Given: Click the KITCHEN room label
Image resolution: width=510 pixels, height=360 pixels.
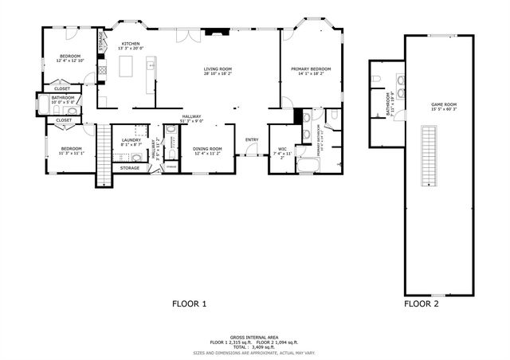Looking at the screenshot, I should pos(131,43).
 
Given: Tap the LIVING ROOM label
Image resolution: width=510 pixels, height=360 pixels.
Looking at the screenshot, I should pos(218,68).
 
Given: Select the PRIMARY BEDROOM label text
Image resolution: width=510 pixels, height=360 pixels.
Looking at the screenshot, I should pos(311,68).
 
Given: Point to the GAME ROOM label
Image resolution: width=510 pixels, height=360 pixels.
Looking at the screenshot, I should pos(444,104).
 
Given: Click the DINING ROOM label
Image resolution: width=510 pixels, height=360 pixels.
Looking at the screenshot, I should pos(208,148).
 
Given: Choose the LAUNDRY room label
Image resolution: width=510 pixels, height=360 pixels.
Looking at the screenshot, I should pos(131,140).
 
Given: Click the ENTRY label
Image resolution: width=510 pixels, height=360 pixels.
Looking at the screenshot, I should pos(252,140).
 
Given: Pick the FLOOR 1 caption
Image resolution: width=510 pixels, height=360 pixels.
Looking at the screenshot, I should pos(190,303).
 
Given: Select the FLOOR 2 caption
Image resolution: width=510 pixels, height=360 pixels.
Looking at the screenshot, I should pos(421,303).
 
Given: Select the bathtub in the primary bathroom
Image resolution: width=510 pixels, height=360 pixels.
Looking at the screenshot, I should pos(307,166).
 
